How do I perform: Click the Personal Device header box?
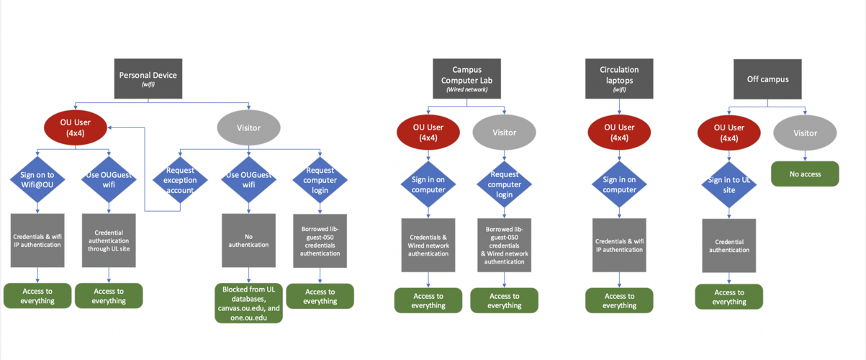click(148, 78)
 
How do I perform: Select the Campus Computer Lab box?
click(466, 78)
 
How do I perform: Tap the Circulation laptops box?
click(619, 78)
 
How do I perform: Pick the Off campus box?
click(767, 79)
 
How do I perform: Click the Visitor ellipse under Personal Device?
click(248, 127)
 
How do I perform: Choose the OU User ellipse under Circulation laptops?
click(619, 132)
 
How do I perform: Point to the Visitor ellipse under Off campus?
click(805, 132)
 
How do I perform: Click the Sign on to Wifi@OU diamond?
click(37, 179)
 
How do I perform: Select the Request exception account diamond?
click(180, 180)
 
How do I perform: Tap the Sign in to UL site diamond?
click(729, 184)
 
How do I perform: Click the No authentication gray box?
click(248, 240)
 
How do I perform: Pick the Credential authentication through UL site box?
click(109, 240)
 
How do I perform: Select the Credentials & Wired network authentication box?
click(428, 245)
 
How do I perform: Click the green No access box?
click(805, 174)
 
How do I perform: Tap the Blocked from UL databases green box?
click(248, 303)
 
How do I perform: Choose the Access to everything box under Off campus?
click(729, 297)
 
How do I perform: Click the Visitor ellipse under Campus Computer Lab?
click(504, 132)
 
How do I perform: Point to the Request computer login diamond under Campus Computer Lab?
click(504, 184)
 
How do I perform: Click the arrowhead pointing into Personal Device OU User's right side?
click(110, 127)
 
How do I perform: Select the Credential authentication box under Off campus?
click(729, 246)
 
